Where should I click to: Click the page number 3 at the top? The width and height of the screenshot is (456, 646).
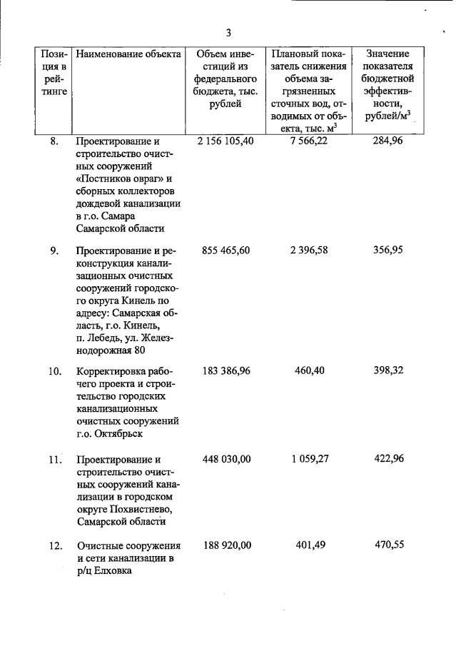tap(228, 33)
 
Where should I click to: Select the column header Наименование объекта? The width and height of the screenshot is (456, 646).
tap(128, 54)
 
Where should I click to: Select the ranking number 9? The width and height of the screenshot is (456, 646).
tap(55, 251)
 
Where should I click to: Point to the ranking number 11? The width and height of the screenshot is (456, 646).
tap(55, 460)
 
